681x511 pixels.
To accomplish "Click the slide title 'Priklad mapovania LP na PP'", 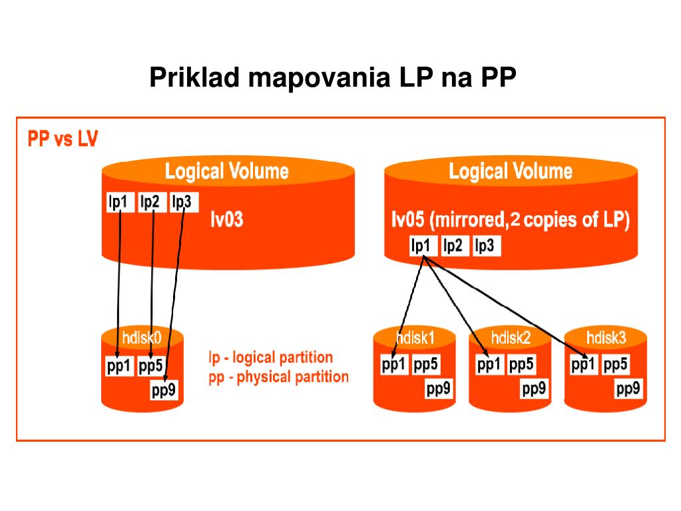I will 332,77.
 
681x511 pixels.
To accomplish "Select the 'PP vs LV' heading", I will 63,139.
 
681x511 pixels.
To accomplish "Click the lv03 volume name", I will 226,219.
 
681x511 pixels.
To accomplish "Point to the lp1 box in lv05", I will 421,246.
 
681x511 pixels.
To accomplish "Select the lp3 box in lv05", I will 485,246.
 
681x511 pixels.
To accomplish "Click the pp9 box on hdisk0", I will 164,390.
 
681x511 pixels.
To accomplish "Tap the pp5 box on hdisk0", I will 152,366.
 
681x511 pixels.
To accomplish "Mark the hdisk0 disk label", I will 141,337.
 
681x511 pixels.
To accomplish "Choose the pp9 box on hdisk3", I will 628,389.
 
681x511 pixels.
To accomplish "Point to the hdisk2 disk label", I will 511,338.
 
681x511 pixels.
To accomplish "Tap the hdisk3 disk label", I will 606,338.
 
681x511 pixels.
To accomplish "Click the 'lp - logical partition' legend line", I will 270,358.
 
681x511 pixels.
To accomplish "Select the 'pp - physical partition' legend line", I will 278,377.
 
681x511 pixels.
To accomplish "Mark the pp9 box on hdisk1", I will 439,389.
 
